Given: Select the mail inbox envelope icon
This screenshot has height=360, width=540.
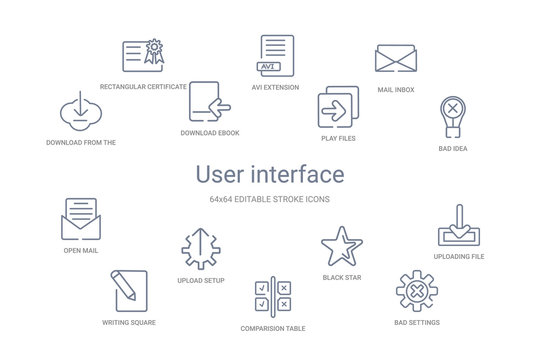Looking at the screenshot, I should (395, 57).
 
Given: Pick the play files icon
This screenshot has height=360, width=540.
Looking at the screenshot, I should (336, 106).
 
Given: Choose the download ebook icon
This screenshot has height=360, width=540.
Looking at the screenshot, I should (209, 101).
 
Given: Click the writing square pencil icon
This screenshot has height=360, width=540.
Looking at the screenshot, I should (128, 290).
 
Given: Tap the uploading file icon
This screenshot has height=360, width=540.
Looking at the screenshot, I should (460, 226).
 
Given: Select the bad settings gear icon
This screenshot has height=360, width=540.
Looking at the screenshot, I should (416, 291).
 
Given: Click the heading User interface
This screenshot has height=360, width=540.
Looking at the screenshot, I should (270, 175).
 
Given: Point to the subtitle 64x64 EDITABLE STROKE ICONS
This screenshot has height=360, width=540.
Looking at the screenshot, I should (270, 200).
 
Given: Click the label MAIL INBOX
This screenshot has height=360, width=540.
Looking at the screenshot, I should (396, 90).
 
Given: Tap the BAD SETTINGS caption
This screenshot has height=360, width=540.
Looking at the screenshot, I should (416, 323).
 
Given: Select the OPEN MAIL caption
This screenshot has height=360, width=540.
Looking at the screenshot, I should (80, 250).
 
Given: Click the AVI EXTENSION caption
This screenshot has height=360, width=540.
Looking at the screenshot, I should (276, 87).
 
